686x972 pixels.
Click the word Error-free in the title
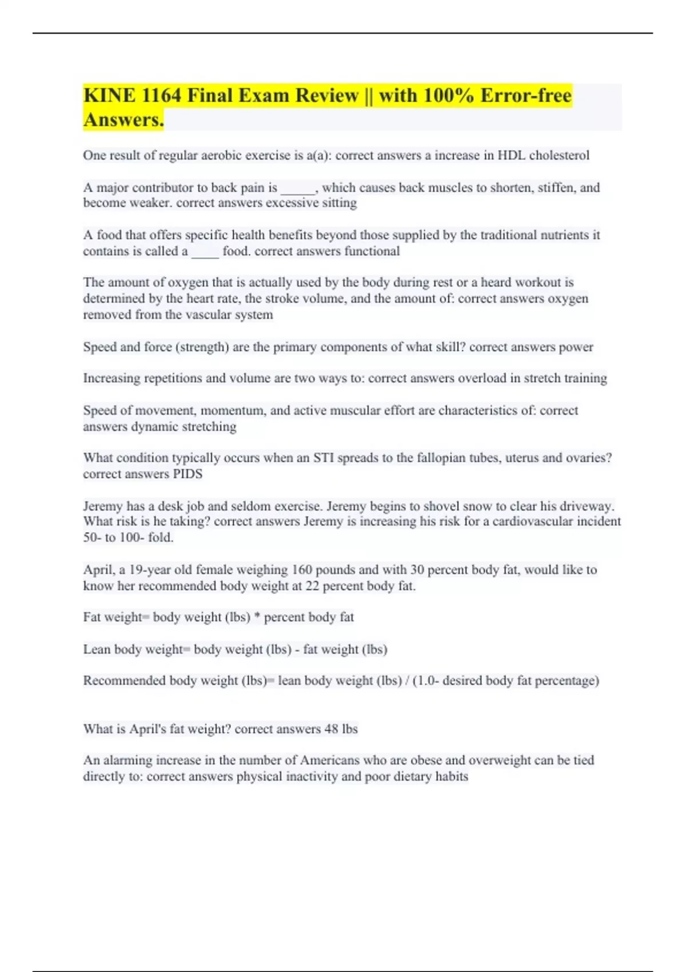point(526,95)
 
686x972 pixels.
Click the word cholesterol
point(559,156)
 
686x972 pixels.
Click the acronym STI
point(324,458)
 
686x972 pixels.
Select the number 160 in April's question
point(302,570)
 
